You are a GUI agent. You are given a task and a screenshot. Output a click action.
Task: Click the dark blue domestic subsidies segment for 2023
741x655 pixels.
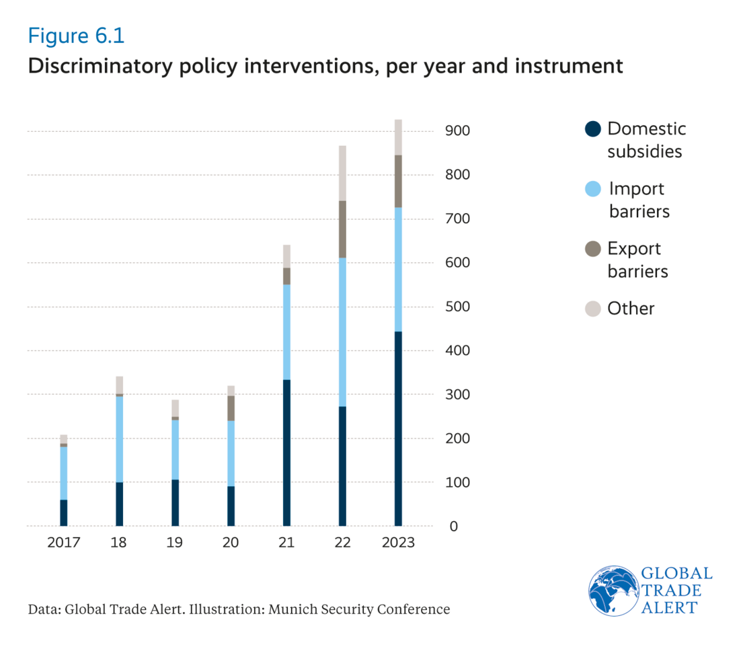tap(398, 428)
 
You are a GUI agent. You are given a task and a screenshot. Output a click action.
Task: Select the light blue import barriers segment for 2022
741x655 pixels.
tap(342, 332)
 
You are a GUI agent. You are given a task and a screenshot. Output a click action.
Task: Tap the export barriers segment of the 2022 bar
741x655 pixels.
tap(342, 229)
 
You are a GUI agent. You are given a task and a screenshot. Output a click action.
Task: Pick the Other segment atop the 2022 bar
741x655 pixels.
tap(342, 173)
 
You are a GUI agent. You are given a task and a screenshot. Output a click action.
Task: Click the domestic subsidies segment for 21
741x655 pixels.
tap(286, 453)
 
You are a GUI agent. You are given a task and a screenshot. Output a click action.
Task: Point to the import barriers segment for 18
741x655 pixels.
tap(119, 439)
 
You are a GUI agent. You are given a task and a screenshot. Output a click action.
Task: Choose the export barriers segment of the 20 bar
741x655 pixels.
tap(231, 408)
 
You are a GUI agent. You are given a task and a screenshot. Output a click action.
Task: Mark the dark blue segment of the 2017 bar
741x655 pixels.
tap(63, 512)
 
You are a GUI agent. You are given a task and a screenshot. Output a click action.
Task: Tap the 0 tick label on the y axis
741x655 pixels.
tap(453, 527)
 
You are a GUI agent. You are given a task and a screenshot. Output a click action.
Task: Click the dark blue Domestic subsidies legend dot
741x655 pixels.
tap(592, 128)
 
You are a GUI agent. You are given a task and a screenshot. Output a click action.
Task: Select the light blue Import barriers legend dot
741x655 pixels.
tap(592, 189)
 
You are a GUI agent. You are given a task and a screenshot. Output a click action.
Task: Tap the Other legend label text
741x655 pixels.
tap(631, 309)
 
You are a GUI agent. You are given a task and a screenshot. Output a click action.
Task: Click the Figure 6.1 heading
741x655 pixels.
tap(76, 36)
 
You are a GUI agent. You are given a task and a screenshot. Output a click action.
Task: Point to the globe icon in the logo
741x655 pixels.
tap(613, 590)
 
